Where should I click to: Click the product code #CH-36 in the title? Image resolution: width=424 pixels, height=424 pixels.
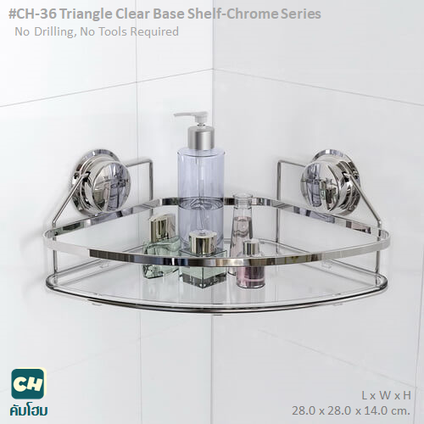point(31,14)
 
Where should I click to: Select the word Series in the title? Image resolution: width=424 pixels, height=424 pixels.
point(301,14)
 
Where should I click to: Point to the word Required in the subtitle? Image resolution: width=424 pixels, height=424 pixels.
point(154,31)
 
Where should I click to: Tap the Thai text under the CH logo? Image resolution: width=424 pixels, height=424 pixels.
point(28,410)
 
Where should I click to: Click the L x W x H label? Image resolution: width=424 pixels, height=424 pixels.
point(386,395)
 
